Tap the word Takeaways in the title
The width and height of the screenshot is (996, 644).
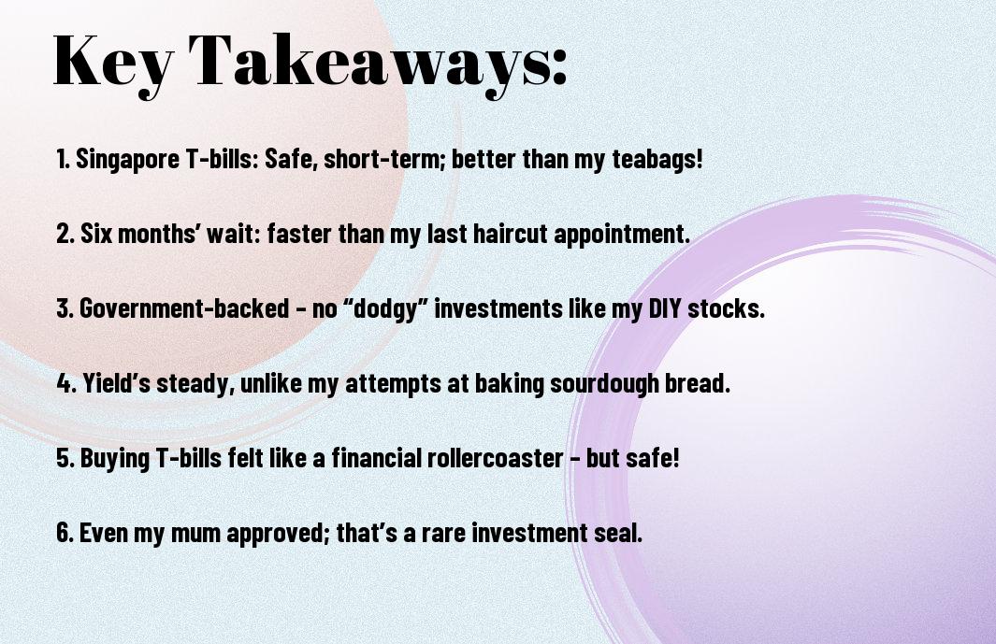click(x=362, y=63)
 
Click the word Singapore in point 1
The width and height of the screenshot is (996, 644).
click(x=128, y=159)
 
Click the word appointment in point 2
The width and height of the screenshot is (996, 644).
click(x=620, y=234)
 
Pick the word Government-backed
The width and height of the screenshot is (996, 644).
click(x=184, y=308)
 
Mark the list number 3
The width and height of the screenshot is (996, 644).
click(x=64, y=308)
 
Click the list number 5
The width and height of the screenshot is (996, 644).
click(x=64, y=457)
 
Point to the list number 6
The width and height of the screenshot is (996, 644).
click(x=64, y=532)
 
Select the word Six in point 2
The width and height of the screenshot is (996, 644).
click(x=95, y=234)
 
